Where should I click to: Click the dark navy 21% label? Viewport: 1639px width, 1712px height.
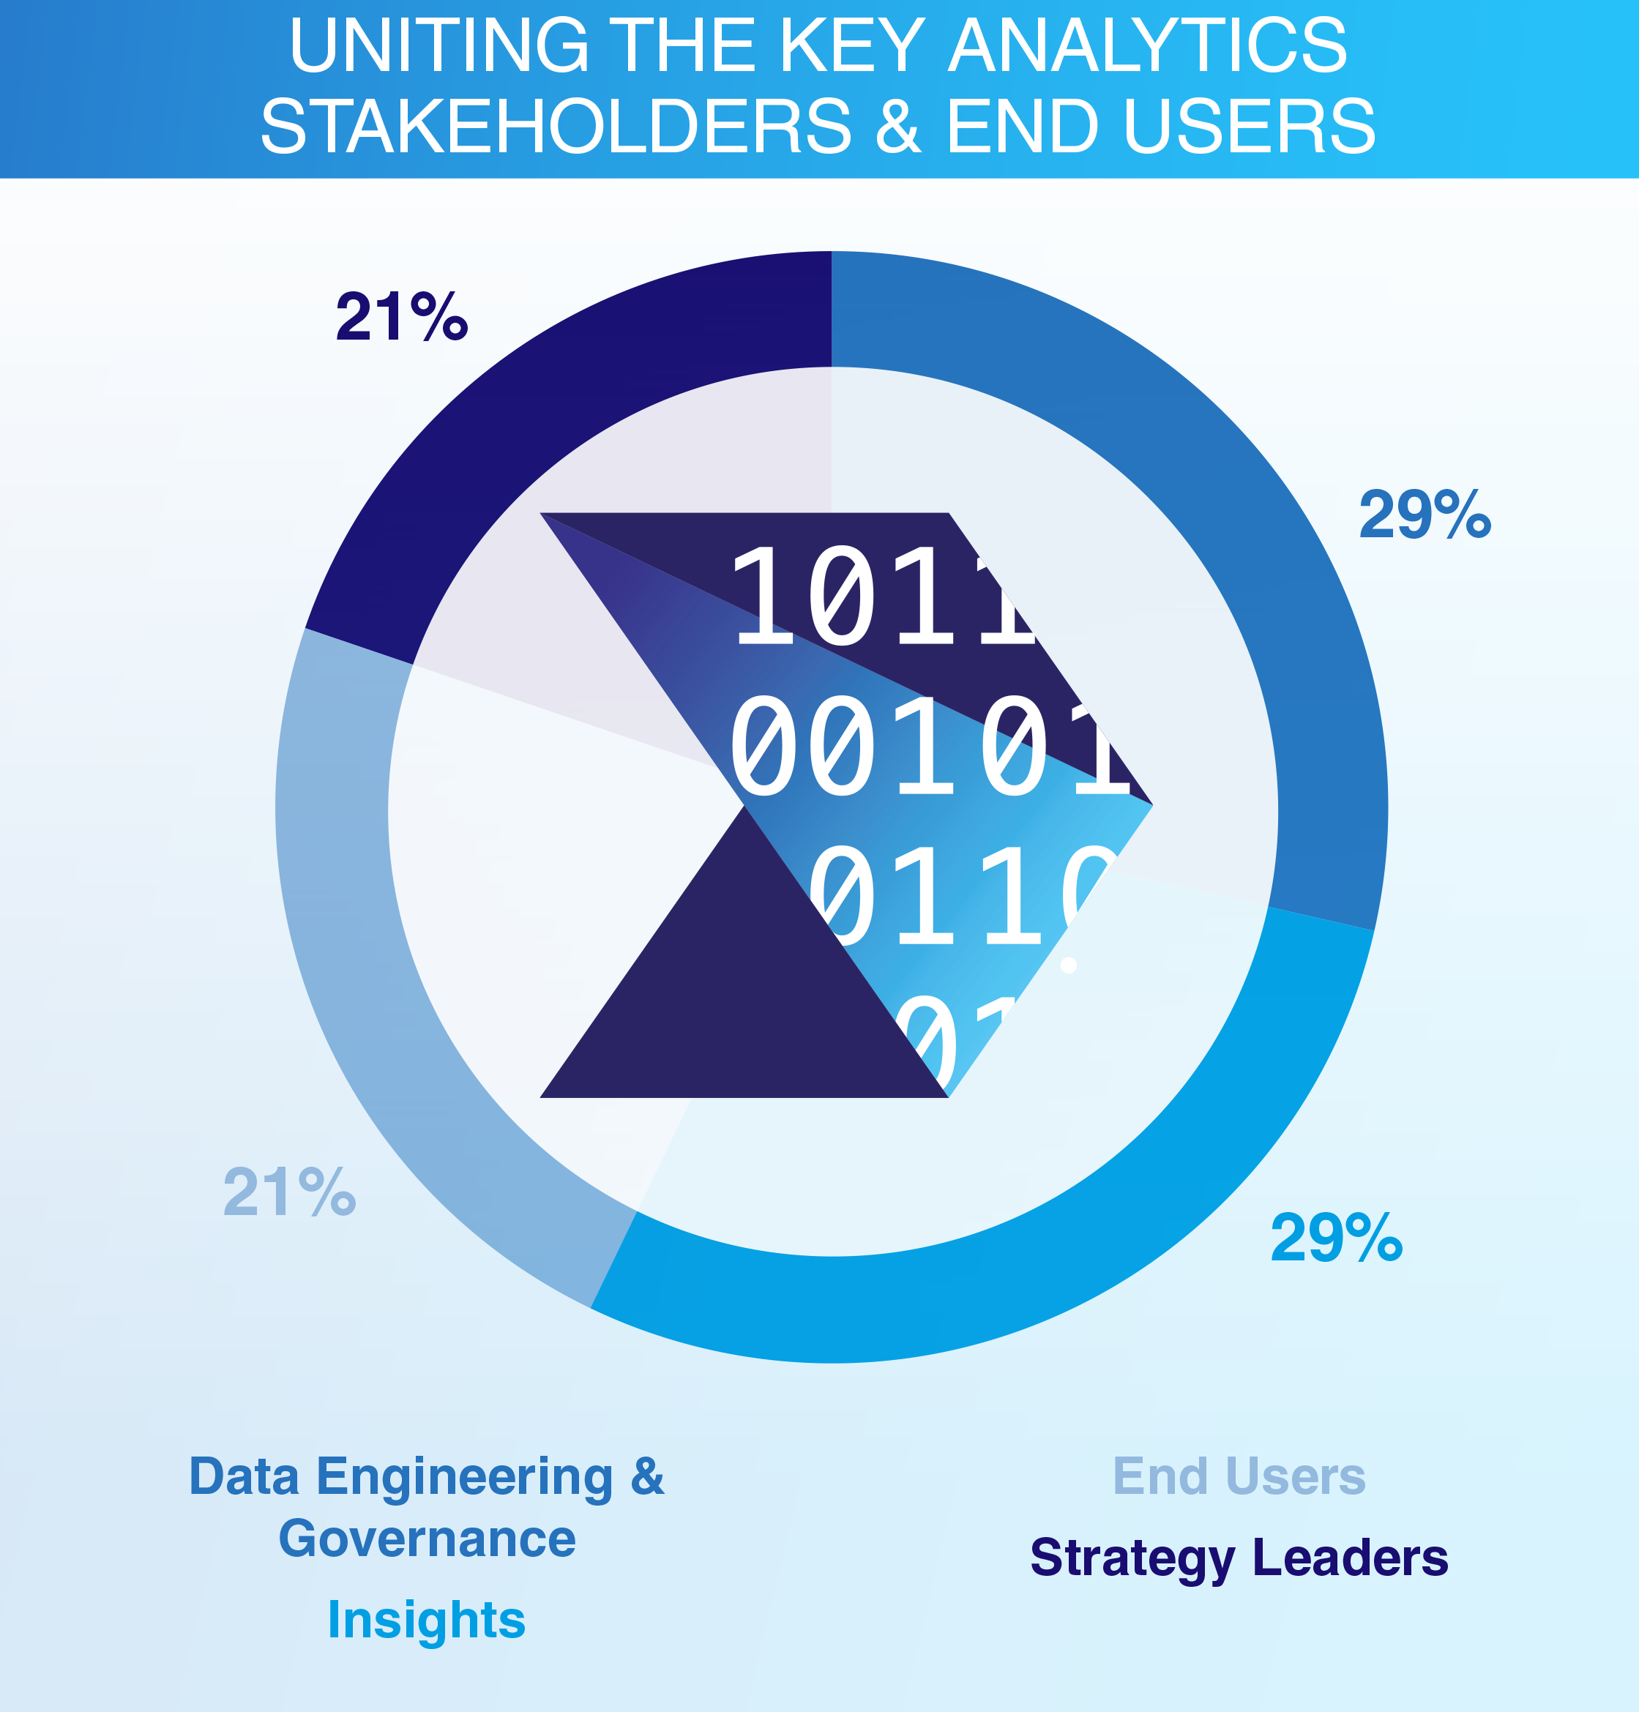tap(402, 316)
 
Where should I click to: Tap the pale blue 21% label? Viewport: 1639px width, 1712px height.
tap(289, 1192)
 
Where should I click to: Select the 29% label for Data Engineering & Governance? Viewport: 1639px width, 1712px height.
tap(1424, 515)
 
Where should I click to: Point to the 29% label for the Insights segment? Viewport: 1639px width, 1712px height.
tap(1336, 1238)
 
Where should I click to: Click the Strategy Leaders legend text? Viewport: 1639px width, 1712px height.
tap(1239, 1558)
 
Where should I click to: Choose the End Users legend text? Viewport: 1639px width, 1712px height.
tap(1239, 1477)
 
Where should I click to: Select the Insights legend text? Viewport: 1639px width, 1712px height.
tap(426, 1621)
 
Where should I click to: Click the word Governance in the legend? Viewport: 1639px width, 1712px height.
tap(426, 1539)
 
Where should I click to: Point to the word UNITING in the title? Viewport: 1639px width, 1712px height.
tap(438, 45)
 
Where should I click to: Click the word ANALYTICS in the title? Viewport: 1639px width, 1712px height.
tap(1147, 45)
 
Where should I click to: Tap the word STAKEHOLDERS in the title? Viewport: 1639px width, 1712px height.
tap(556, 127)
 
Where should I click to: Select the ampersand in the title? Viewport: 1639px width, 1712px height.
tap(898, 127)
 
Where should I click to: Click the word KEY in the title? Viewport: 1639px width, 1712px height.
tap(851, 45)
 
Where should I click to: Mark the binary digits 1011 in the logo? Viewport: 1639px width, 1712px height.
tap(882, 598)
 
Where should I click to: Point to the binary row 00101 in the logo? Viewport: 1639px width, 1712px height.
tap(926, 747)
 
